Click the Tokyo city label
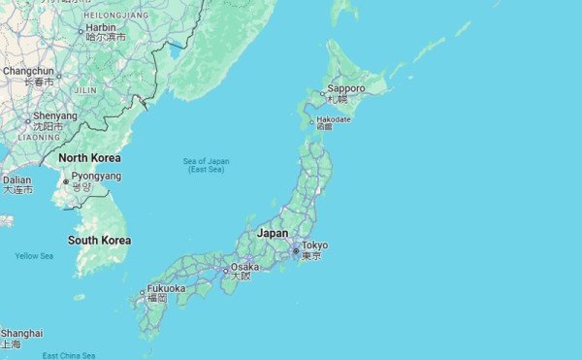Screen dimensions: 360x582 315,245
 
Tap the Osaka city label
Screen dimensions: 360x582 245,266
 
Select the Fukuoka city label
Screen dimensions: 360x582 166,289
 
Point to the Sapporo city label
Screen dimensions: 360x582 346,88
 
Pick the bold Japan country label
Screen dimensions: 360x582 274,233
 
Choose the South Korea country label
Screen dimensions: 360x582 99,240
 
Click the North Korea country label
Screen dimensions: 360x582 89,158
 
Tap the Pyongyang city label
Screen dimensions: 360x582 96,177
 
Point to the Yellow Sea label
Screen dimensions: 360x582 34,256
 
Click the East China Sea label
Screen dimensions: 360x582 69,355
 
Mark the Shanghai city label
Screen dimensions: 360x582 21,334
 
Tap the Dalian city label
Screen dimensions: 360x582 16,180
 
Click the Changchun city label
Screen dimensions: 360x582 28,71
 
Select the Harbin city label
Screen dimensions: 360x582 101,28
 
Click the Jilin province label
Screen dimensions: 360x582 85,89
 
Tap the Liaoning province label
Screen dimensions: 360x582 39,138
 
